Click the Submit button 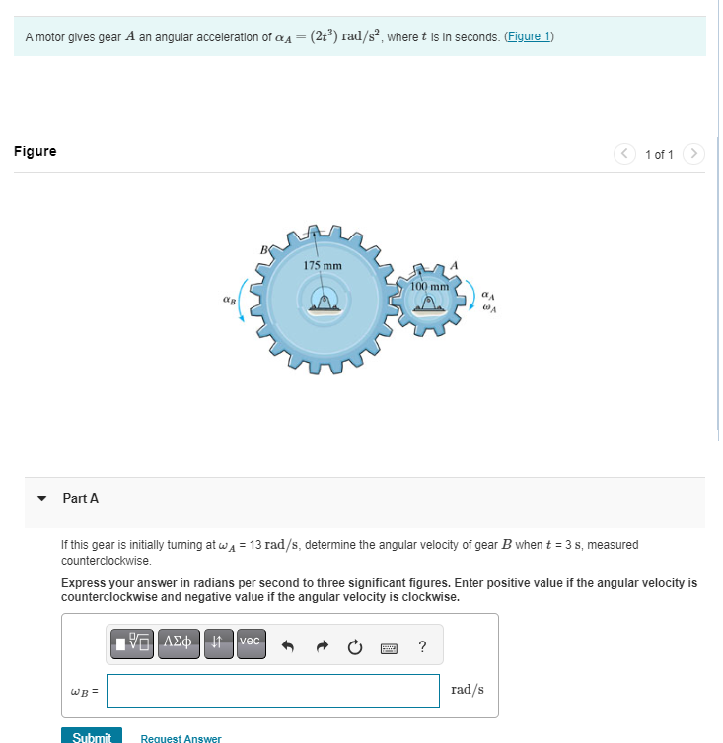click(92, 736)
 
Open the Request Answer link click(181, 737)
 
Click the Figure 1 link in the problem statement click(529, 36)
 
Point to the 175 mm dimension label click(323, 266)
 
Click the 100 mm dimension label click(429, 286)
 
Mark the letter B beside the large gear click(262, 249)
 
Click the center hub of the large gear click(323, 302)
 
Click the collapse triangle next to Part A click(42, 499)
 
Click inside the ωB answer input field click(273, 690)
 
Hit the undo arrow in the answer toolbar click(290, 646)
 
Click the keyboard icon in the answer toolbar click(389, 647)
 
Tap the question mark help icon click(422, 646)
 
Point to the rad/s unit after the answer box click(468, 690)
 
